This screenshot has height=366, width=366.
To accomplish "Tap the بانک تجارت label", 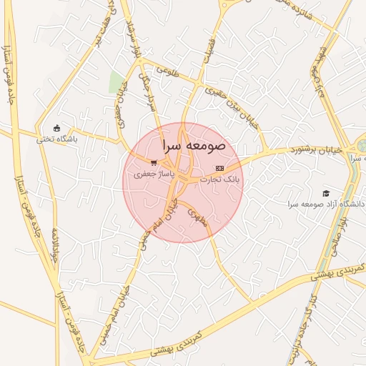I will click(223, 179).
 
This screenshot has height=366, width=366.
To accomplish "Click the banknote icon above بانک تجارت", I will click(219, 169).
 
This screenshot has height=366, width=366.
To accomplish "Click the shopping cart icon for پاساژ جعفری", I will click(153, 163).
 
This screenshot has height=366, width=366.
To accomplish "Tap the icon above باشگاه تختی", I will click(57, 128).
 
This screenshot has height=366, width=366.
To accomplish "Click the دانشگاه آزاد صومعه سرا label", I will click(326, 204).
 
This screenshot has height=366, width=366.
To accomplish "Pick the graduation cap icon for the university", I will click(326, 193).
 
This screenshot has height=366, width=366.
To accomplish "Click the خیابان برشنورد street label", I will click(316, 150).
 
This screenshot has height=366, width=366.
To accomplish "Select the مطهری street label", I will click(197, 216).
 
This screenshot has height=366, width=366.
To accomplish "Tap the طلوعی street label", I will click(164, 71).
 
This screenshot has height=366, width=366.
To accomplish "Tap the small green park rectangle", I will click(116, 82).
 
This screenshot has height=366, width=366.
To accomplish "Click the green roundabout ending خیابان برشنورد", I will click(361, 146).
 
